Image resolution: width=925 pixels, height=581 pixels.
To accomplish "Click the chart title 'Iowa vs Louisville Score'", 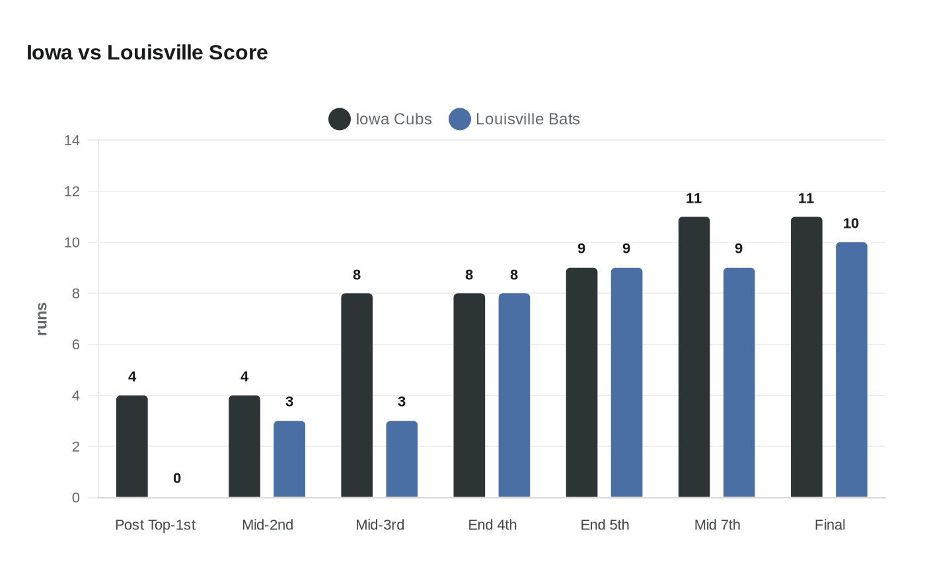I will point(147,53).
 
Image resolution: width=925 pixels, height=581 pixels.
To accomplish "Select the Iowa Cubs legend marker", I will point(340,120).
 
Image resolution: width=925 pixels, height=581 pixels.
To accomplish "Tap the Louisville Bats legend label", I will point(527,120).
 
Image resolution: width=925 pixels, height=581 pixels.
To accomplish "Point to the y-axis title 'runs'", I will point(42,319).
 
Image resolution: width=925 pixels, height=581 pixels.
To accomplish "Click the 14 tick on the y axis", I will point(72,141).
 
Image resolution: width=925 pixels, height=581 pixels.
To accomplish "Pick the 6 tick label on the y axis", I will point(76,345).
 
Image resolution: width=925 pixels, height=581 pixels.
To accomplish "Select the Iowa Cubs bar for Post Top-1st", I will point(132,446).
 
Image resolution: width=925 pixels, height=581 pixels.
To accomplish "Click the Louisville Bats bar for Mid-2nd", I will point(289,459).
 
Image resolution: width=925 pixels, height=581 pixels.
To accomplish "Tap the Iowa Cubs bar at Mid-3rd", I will point(357,395).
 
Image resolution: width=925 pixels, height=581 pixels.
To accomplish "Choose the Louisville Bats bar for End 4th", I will point(514,395).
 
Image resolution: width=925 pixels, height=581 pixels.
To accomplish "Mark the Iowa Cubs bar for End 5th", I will point(581,382).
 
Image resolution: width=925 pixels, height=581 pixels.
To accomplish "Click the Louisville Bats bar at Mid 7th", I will point(739,382).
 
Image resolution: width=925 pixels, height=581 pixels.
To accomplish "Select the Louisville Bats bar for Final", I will point(851,370).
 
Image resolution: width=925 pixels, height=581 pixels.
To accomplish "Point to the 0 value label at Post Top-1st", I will point(177,479).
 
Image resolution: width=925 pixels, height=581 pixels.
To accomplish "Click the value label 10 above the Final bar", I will point(851,224).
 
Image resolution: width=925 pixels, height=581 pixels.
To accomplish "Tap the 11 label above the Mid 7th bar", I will point(694,199).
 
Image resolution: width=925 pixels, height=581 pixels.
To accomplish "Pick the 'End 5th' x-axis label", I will point(605,525).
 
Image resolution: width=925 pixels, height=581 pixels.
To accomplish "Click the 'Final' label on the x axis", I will point(830,525).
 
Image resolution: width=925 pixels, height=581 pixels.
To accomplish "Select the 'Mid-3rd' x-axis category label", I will point(380,525).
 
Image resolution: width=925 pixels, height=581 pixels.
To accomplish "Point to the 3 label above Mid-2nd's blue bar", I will point(289,402).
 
